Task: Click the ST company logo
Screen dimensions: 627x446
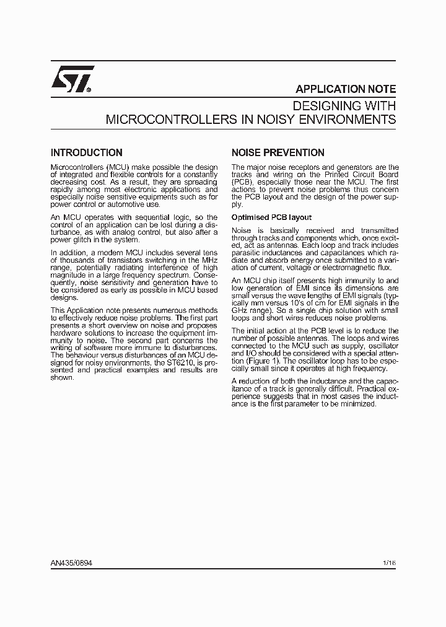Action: click(72, 79)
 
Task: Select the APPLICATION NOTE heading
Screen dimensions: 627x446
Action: click(345, 89)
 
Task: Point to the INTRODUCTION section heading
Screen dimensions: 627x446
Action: click(86, 152)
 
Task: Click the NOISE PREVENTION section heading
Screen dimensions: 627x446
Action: click(278, 152)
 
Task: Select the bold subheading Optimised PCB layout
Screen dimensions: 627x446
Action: click(271, 217)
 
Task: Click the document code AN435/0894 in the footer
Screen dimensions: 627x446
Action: click(72, 563)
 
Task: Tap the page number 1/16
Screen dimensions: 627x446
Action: click(389, 563)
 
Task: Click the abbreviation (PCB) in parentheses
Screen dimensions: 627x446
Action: click(242, 182)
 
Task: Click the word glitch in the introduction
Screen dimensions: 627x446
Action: click(87, 240)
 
